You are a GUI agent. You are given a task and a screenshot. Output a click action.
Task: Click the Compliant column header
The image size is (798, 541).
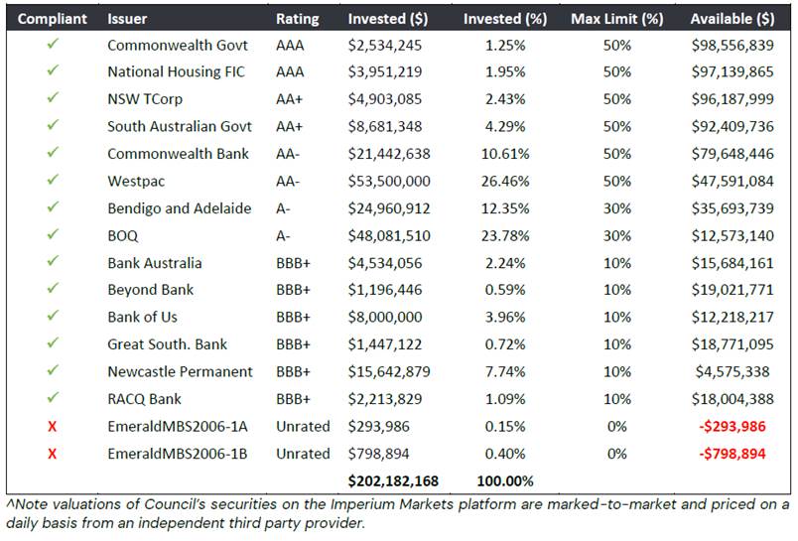click(52, 19)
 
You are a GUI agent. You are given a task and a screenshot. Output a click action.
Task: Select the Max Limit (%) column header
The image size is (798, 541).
click(616, 19)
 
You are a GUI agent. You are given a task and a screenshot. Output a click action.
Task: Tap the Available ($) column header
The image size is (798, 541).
click(732, 19)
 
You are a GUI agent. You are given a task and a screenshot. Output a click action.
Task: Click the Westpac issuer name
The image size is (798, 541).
click(136, 182)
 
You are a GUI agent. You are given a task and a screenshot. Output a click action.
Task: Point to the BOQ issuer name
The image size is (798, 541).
click(123, 235)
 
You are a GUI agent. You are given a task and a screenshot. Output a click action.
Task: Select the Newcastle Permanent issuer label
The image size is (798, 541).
click(180, 371)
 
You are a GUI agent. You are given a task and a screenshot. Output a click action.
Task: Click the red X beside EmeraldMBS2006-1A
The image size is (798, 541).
click(52, 427)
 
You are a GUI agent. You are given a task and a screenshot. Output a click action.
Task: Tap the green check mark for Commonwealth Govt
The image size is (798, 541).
click(53, 45)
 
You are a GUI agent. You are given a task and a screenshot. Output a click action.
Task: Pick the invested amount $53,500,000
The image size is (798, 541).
click(389, 182)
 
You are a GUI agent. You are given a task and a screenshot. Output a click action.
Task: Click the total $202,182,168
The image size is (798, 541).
click(393, 481)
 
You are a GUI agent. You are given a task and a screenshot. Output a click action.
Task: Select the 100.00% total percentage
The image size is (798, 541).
click(505, 481)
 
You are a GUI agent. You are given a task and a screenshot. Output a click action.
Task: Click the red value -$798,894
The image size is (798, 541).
click(731, 454)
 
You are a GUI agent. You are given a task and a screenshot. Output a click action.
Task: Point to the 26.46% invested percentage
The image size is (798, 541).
click(505, 182)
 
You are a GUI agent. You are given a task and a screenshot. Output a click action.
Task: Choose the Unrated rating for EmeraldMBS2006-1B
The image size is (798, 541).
click(303, 454)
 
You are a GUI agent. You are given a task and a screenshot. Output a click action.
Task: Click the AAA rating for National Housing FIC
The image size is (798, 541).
click(290, 71)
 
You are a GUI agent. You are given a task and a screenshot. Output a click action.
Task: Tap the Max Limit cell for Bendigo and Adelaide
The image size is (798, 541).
click(616, 208)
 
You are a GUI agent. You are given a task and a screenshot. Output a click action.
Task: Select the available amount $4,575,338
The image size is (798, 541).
click(732, 371)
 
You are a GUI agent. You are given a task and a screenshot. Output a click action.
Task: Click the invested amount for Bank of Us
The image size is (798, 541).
click(385, 317)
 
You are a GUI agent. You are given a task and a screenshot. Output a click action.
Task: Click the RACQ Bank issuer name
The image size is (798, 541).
click(144, 399)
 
